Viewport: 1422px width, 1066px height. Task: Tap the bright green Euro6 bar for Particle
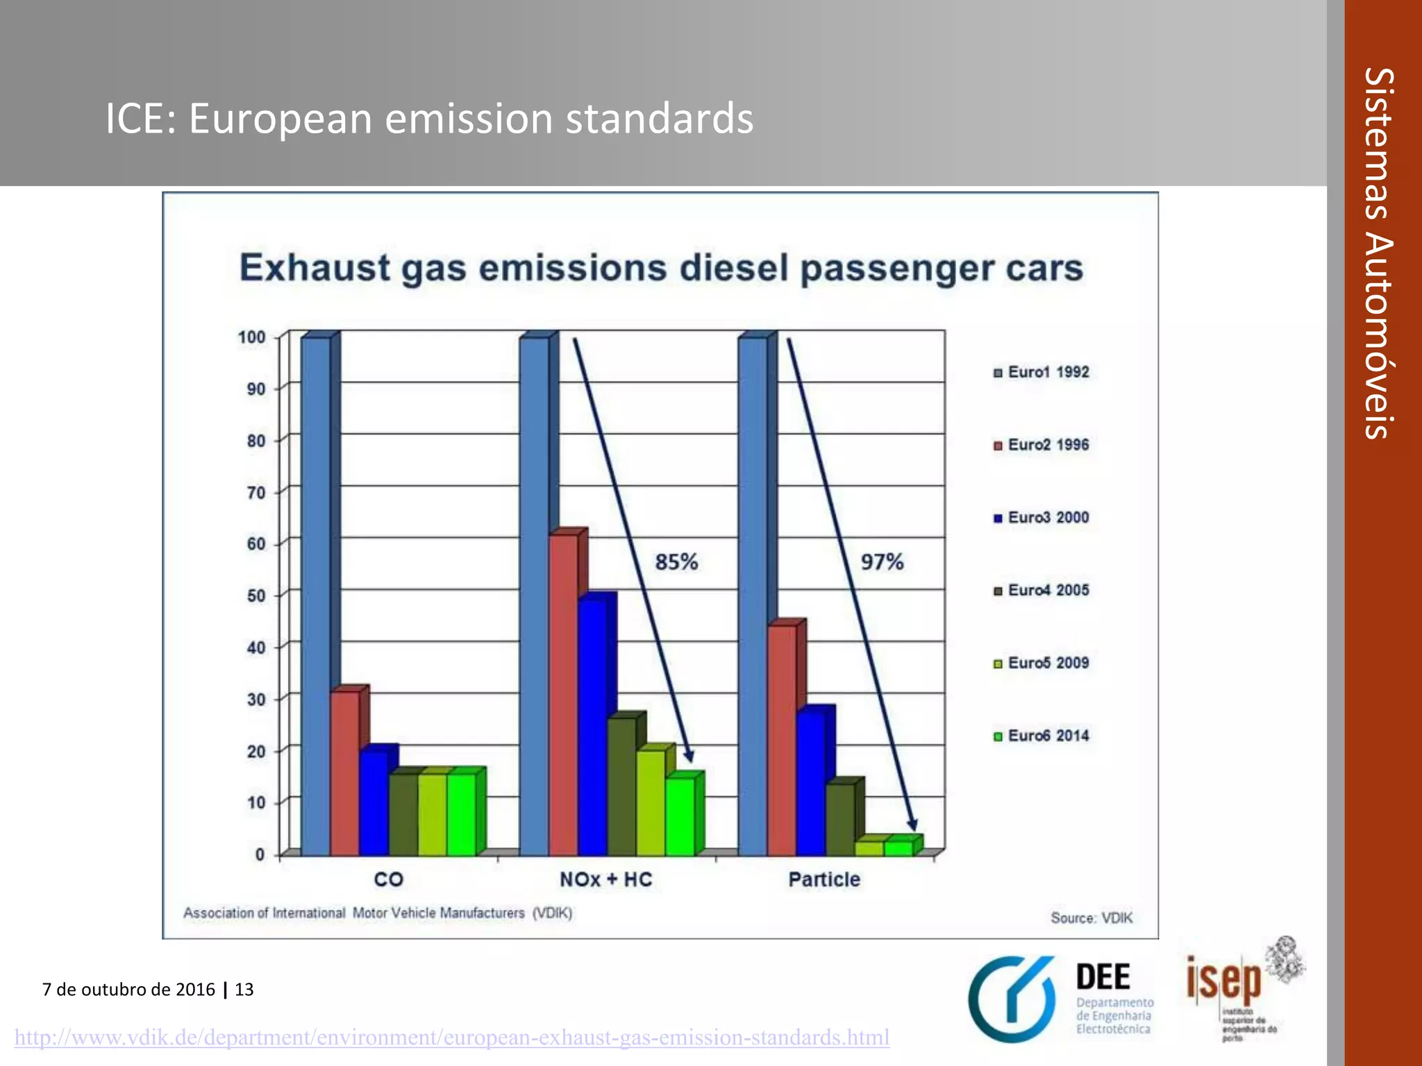point(898,847)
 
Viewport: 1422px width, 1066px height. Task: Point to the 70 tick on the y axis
point(256,493)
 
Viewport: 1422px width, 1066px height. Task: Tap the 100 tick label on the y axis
point(251,337)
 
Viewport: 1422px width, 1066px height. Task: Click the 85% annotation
point(676,561)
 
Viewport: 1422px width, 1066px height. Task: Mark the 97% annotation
point(882,561)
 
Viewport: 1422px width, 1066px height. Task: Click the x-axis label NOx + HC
point(605,879)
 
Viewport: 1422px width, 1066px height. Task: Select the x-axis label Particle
point(824,879)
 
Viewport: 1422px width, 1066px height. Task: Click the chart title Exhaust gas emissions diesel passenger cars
point(660,269)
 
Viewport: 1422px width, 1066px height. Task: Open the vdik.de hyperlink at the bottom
point(452,1038)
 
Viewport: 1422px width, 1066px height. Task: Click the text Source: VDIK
point(1091,918)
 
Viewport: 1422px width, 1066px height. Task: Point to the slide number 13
point(244,989)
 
